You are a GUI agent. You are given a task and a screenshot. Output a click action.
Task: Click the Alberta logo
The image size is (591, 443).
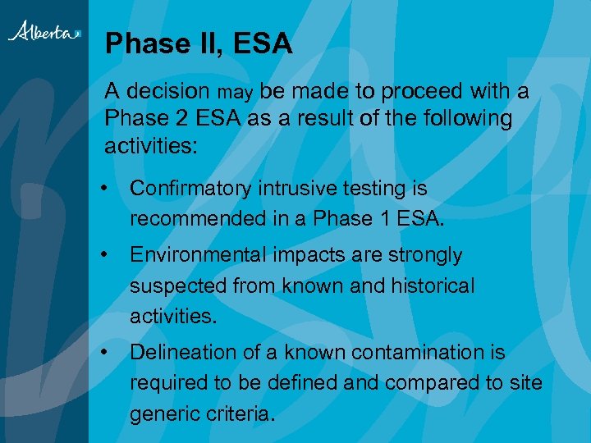(44, 32)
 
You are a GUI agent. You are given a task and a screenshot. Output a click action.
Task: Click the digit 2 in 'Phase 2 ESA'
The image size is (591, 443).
(182, 118)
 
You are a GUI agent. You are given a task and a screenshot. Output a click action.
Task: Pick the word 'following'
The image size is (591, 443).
(468, 118)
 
